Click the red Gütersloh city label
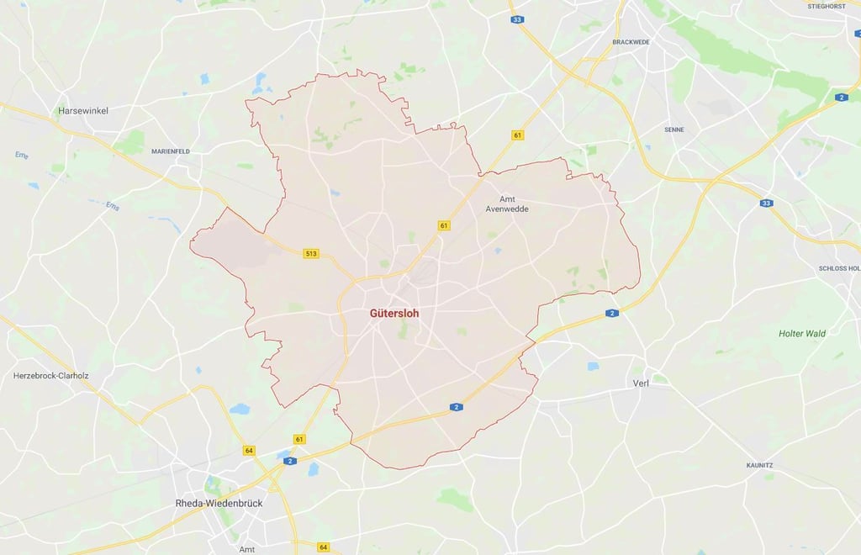pyautogui.click(x=394, y=313)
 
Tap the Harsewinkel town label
pyautogui.click(x=82, y=111)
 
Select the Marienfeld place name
pyautogui.click(x=171, y=151)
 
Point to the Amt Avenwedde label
pyautogui.click(x=508, y=204)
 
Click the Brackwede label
pyautogui.click(x=632, y=42)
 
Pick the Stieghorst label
pyautogui.click(x=826, y=6)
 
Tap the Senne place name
pyautogui.click(x=674, y=129)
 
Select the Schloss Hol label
pyautogui.click(x=839, y=268)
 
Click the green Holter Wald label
pyautogui.click(x=802, y=334)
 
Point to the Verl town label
pyautogui.click(x=642, y=383)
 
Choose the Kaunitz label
pyautogui.click(x=759, y=465)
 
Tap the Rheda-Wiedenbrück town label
pyautogui.click(x=219, y=503)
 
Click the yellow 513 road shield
pyautogui.click(x=312, y=253)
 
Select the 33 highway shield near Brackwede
pyautogui.click(x=517, y=19)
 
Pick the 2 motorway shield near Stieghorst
pyautogui.click(x=842, y=98)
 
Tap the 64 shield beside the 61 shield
pyautogui.click(x=249, y=451)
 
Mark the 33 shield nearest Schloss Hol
pyautogui.click(x=766, y=203)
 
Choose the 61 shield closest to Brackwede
pyautogui.click(x=517, y=135)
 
